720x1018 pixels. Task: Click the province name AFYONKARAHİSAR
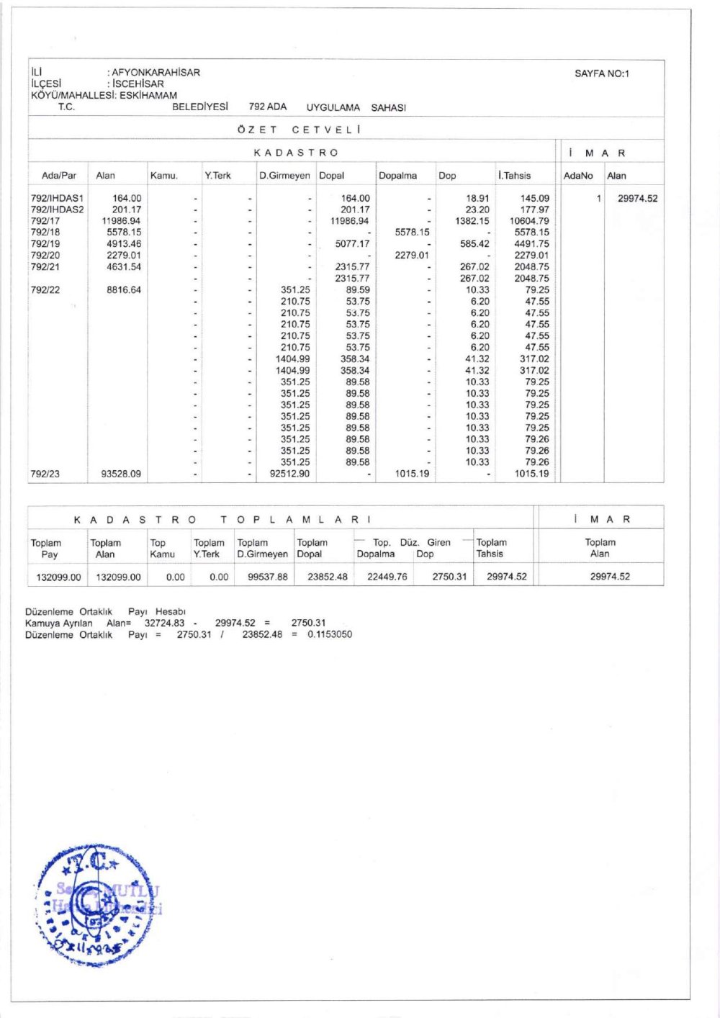(156, 72)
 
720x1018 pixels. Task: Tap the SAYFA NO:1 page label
(601, 73)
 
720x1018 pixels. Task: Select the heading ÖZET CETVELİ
(299, 130)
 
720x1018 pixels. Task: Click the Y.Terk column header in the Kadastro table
(217, 175)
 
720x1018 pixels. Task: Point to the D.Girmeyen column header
(284, 175)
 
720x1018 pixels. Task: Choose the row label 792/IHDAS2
(57, 210)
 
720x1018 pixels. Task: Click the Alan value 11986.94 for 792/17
(121, 221)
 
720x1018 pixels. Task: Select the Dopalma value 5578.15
(412, 233)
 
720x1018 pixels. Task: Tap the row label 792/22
(45, 290)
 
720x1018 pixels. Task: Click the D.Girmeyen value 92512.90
(289, 474)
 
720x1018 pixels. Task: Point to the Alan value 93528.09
(121, 474)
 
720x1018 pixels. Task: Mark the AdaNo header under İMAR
(578, 175)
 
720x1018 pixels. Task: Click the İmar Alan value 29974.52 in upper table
(637, 199)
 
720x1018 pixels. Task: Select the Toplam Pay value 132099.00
(58, 577)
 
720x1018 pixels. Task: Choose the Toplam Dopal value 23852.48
(327, 577)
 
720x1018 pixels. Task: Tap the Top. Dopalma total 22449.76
(387, 577)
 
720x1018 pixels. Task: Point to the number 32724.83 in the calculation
(164, 623)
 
